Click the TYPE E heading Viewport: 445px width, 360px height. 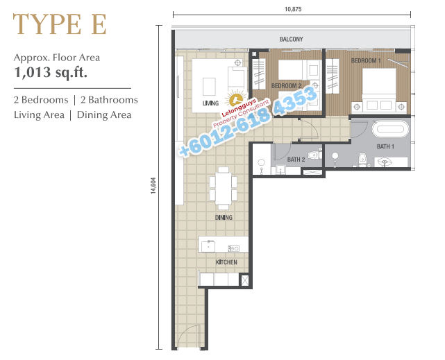(60, 24)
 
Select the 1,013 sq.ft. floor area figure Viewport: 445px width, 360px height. (51, 72)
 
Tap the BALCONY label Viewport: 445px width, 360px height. (291, 39)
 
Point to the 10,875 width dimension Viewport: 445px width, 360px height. (293, 9)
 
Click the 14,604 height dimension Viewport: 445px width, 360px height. (153, 186)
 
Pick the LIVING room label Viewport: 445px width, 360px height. (210, 103)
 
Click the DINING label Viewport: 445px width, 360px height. (224, 217)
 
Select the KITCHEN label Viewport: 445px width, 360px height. (226, 262)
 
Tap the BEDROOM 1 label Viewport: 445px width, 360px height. (366, 60)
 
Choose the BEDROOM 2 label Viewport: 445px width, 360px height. (286, 86)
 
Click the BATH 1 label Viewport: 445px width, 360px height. (385, 146)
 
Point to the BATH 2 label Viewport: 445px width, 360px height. (296, 160)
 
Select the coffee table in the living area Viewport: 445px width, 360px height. (209, 87)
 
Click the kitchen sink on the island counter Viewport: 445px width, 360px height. (208, 246)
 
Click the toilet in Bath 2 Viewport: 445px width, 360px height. (314, 155)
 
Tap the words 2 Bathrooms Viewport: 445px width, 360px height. (109, 100)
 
